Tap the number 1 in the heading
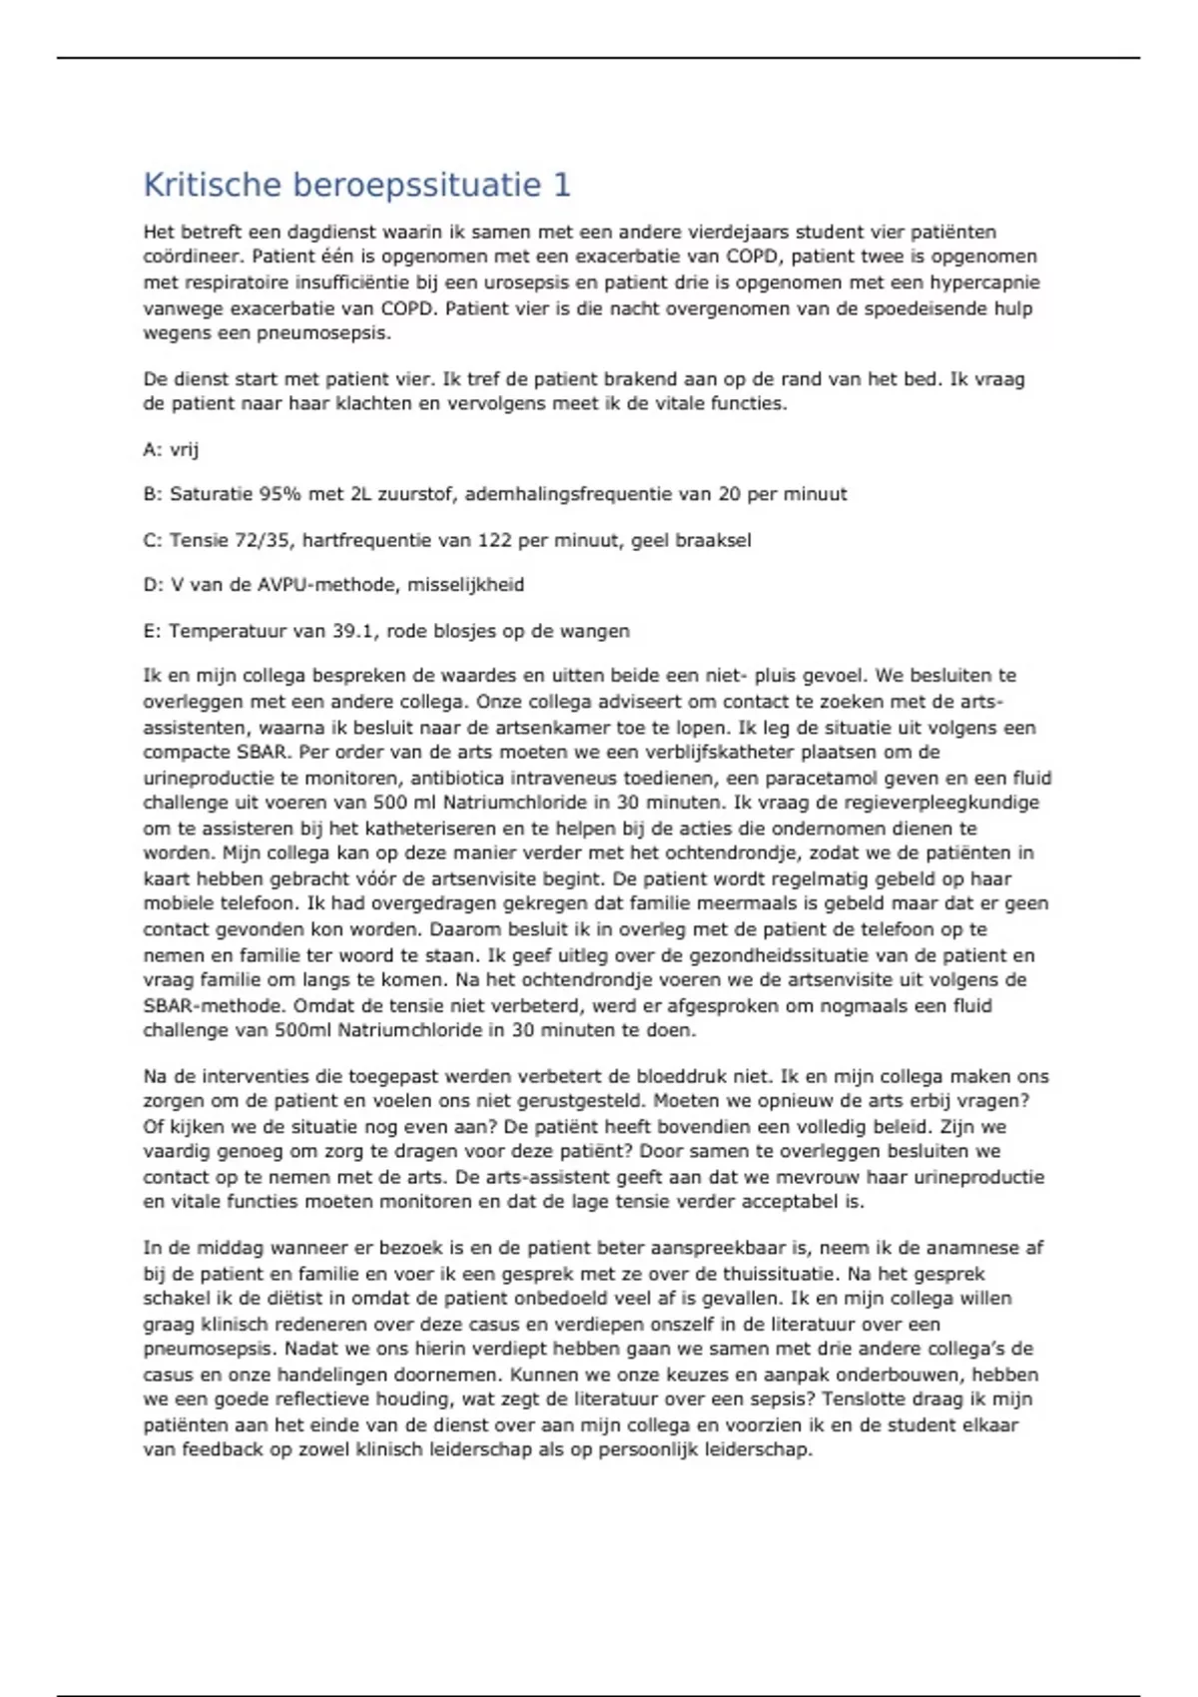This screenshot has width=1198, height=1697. [x=561, y=185]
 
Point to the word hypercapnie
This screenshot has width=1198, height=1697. [x=985, y=283]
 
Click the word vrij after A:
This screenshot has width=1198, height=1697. [x=185, y=449]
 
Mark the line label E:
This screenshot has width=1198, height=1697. [x=151, y=631]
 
